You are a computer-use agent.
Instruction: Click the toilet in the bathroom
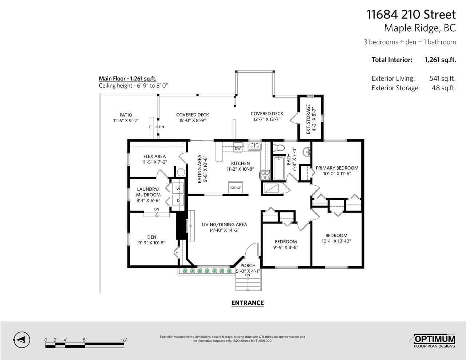pyautogui.click(x=279, y=147)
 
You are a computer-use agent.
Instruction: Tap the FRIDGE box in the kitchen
pyautogui.click(x=235, y=187)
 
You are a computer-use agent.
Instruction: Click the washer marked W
pyautogui.click(x=178, y=188)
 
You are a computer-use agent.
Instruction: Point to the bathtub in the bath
pyautogui.click(x=279, y=168)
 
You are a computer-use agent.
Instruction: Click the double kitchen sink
pyautogui.click(x=254, y=147)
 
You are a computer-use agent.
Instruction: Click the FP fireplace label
pyautogui.click(x=190, y=226)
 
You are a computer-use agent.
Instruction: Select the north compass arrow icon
pyautogui.click(x=21, y=340)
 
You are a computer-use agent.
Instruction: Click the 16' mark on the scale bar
pyautogui.click(x=123, y=340)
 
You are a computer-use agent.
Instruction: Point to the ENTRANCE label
pyautogui.click(x=248, y=303)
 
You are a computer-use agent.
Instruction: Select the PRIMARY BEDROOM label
pyautogui.click(x=337, y=168)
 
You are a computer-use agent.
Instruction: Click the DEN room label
pyautogui.click(x=151, y=237)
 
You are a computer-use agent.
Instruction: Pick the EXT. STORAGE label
pyautogui.click(x=308, y=119)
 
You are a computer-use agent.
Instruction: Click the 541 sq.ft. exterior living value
pyautogui.click(x=442, y=79)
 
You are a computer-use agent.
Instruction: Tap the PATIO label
pyautogui.click(x=126, y=115)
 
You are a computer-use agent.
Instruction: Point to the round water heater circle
pyautogui.click(x=181, y=172)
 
